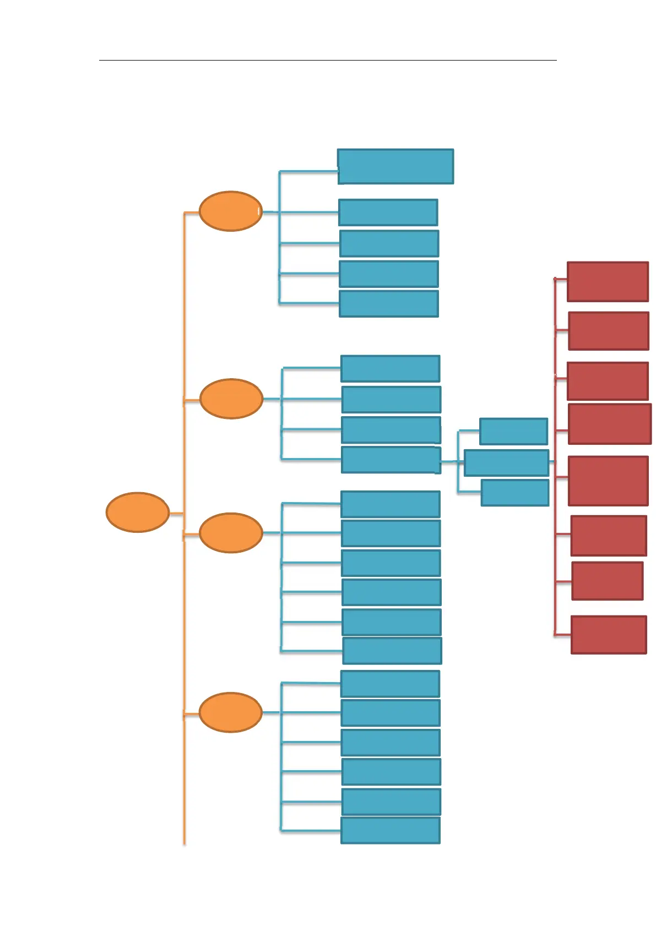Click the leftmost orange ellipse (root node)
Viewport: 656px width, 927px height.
point(137,512)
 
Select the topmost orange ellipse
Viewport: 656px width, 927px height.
point(230,211)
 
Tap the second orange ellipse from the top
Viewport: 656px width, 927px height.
point(231,399)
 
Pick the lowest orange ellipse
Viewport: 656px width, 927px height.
point(230,712)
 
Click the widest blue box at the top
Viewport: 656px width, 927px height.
point(395,166)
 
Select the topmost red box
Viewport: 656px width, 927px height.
point(608,282)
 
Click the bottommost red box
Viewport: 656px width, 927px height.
point(609,635)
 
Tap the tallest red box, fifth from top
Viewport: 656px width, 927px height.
point(608,481)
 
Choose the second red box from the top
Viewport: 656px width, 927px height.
point(609,331)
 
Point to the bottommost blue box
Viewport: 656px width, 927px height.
point(391,830)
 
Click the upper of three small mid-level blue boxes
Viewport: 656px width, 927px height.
point(513,432)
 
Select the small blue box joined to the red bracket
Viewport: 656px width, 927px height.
point(506,463)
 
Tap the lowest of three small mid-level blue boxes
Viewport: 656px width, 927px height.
point(515,493)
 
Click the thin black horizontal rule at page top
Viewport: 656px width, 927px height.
point(328,60)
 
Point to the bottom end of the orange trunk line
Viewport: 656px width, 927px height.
point(184,842)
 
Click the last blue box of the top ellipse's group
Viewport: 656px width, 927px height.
point(389,304)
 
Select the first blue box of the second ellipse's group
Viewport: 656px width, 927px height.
point(391,369)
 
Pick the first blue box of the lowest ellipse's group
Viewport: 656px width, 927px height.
point(391,684)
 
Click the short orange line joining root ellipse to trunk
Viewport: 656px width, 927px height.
point(176,514)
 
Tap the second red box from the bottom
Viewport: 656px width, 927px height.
point(608,581)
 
